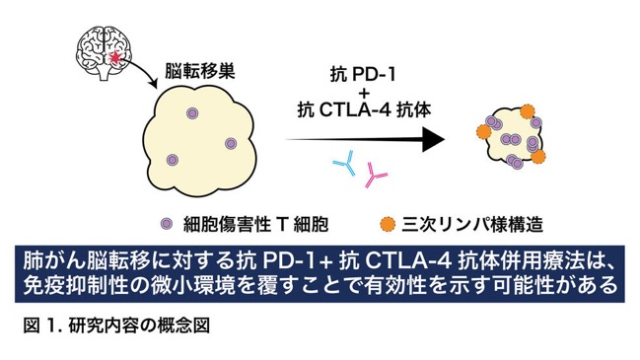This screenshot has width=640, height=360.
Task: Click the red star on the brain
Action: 116,57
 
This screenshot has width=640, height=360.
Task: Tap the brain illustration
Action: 105,52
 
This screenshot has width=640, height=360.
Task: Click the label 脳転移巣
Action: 199,71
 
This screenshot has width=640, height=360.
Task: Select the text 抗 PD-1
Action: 363,75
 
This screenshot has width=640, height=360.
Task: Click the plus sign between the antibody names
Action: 363,94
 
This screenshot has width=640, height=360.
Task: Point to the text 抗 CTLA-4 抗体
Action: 364,110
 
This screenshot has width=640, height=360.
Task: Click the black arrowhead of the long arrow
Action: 433,140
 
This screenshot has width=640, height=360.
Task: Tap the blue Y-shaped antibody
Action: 345,164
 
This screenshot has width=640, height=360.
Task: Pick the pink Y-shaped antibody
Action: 375,176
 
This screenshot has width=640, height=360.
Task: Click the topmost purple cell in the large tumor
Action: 192,113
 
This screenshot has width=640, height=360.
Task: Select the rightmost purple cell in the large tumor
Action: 231,143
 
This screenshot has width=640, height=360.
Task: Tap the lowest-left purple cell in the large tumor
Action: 173,160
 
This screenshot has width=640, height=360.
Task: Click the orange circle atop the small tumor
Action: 528,111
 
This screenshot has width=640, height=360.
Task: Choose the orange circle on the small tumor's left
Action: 484,131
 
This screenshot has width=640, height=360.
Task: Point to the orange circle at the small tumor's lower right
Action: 538,157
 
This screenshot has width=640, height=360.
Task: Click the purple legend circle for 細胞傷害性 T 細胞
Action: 166,224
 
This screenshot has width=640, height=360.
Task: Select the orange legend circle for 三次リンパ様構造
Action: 388,224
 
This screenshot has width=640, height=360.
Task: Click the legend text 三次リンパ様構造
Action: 472,224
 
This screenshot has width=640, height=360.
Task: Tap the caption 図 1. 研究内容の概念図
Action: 116,325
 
